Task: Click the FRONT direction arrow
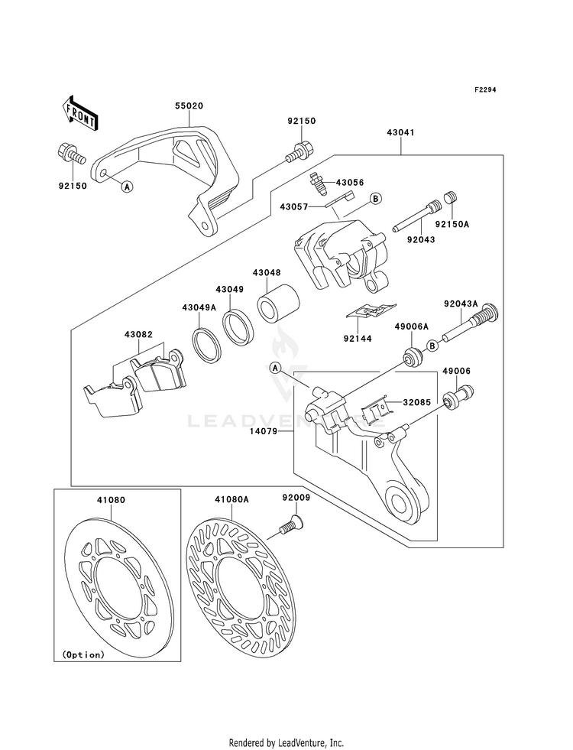click(81, 113)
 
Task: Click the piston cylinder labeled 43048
click(279, 304)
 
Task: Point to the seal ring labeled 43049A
click(206, 343)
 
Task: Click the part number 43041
click(400, 132)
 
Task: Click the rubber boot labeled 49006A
click(412, 357)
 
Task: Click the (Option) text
click(83, 654)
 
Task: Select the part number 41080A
click(231, 500)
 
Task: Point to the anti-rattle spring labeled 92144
click(372, 310)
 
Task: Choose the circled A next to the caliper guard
click(126, 187)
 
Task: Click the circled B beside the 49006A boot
click(432, 346)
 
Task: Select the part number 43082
click(138, 334)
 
